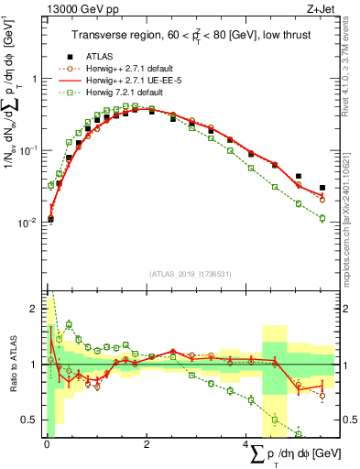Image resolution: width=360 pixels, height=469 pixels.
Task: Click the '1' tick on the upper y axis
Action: (35, 79)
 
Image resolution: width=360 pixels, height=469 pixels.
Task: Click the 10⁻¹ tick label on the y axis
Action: (29, 149)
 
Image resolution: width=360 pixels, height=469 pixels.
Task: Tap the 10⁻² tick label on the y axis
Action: (29, 222)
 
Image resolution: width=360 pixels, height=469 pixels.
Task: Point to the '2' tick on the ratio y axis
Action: (35, 308)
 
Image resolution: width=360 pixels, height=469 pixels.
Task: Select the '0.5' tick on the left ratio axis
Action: (31, 420)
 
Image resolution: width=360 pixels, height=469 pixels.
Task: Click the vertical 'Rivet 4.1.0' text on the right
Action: (349, 64)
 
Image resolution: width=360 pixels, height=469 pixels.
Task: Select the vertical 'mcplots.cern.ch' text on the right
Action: (349, 211)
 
